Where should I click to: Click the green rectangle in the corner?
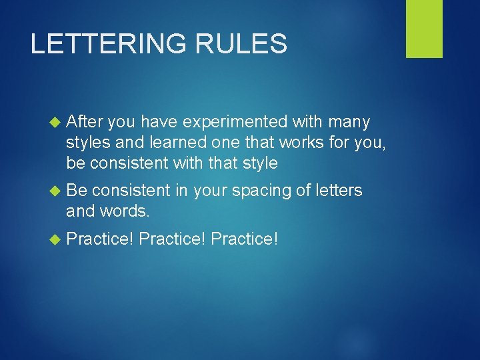point(424,29)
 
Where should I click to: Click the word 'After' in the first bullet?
point(85,122)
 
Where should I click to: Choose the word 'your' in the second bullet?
point(209,191)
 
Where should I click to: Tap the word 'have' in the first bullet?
point(159,122)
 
